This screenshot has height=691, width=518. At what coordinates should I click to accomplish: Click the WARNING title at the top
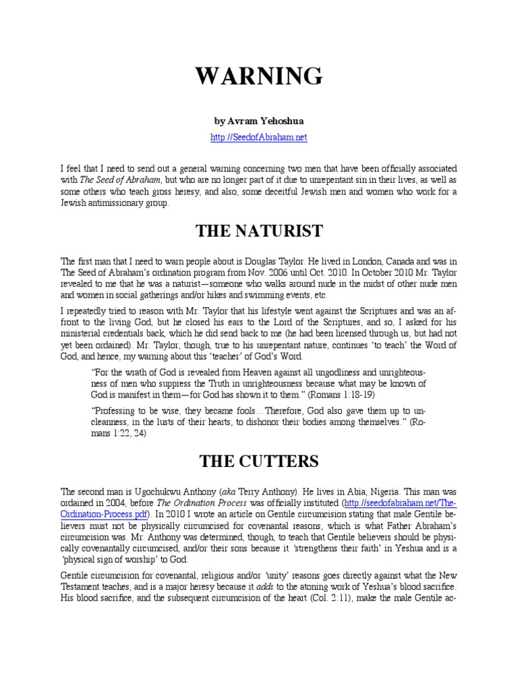[x=259, y=76]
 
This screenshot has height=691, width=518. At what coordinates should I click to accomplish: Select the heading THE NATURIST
[x=259, y=231]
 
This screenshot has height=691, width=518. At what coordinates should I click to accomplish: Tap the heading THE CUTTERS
[x=259, y=462]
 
